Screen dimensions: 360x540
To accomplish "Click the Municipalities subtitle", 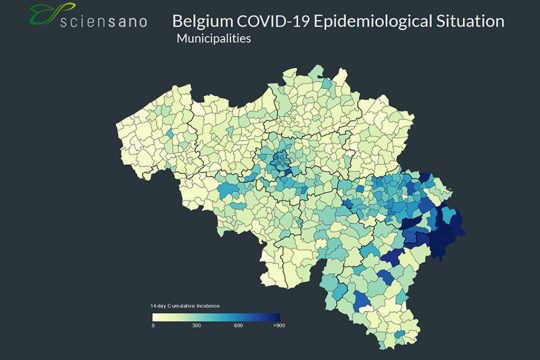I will tap(213, 40).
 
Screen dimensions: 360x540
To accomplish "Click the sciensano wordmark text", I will tap(105, 20).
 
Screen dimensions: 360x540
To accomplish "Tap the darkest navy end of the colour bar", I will tap(276, 316).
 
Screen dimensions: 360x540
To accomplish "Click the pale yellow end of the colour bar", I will tap(155, 316).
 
